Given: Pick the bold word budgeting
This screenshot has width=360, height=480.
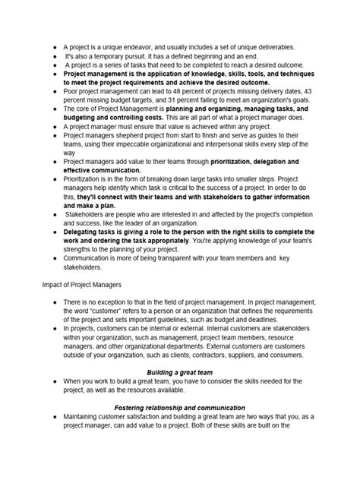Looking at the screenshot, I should tap(86, 118).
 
